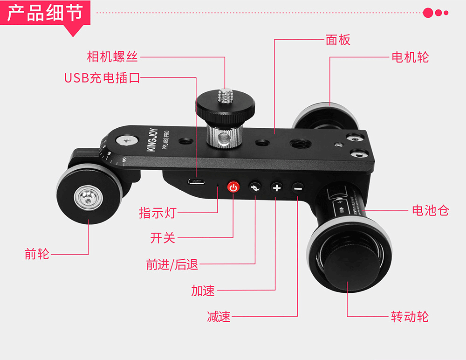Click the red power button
point(233,188)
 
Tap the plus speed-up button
point(277,188)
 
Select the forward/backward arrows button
point(255,188)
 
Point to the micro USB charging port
point(196,182)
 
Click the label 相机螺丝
point(112,57)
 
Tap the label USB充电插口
point(102,77)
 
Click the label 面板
point(338,40)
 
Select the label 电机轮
point(410,57)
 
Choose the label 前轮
point(37,255)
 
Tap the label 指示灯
point(158,213)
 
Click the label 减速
point(219,317)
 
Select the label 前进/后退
point(172,265)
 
